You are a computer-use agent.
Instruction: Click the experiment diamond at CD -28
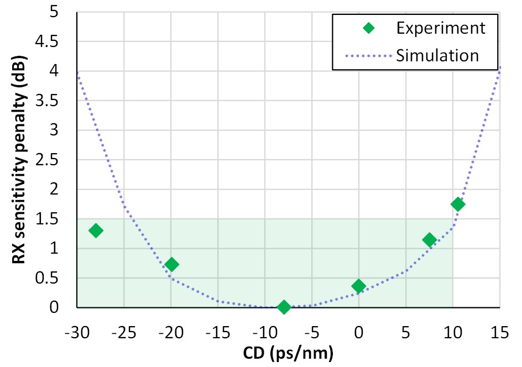click(x=96, y=230)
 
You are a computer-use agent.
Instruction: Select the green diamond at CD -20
click(x=171, y=264)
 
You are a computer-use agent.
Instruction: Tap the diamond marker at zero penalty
click(x=284, y=307)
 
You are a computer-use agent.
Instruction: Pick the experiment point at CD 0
click(x=359, y=286)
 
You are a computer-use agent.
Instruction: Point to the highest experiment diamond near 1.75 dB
click(x=458, y=204)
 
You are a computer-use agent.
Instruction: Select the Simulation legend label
click(x=437, y=55)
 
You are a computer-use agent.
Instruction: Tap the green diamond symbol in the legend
click(x=369, y=28)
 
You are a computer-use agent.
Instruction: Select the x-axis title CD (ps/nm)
click(x=289, y=353)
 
